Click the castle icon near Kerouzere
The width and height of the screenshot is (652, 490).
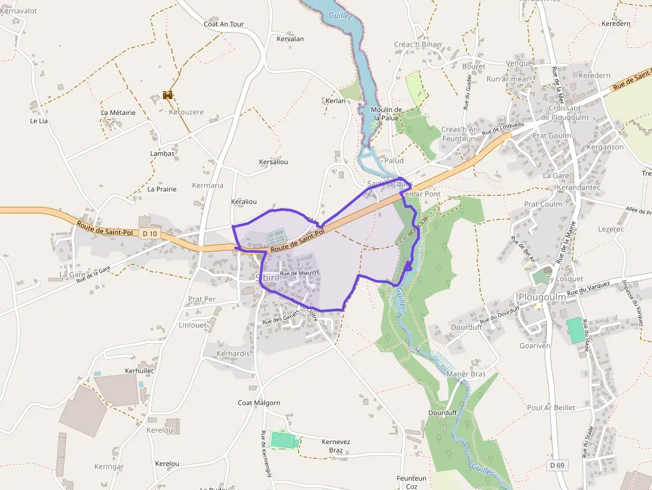(x=168, y=95)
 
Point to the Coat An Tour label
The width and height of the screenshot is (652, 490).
(x=224, y=24)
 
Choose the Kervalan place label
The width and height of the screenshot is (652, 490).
(x=290, y=39)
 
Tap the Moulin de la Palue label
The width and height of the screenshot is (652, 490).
(x=387, y=114)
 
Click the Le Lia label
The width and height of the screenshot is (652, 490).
(x=39, y=121)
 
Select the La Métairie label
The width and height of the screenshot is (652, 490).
(x=118, y=112)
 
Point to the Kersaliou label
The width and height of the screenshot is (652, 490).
(x=273, y=162)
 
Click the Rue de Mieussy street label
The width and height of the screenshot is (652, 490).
(x=299, y=273)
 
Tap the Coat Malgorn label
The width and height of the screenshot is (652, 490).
(x=259, y=403)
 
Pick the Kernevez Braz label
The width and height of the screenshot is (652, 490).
(x=335, y=445)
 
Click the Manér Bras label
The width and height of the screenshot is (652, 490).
(x=466, y=374)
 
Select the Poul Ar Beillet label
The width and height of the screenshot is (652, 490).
(x=550, y=408)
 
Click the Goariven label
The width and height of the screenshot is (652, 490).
(x=534, y=346)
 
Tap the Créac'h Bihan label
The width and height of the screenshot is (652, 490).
(x=418, y=45)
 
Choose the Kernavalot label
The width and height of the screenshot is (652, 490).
(x=19, y=11)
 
